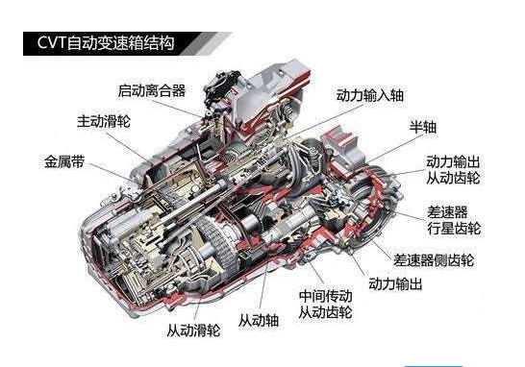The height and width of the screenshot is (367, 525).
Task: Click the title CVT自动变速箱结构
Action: coord(106,43)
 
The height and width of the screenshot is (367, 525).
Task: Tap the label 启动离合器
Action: coord(152,90)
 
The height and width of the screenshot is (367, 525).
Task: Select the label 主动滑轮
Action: coord(104,121)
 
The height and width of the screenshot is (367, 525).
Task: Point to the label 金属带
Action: coord(64,162)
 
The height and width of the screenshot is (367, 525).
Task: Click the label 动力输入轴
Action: coord(369,95)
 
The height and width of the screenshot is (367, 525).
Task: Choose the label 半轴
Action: coord(423,127)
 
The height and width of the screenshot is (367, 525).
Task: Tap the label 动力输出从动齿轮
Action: coord(453,170)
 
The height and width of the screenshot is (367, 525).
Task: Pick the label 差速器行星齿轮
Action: coord(454,221)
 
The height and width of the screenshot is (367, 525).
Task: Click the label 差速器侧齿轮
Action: coord(434,260)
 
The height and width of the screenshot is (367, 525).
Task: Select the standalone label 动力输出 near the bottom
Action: coord(395,284)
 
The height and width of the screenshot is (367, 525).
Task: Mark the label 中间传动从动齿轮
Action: coord(325,305)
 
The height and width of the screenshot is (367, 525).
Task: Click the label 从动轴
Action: coord(259,321)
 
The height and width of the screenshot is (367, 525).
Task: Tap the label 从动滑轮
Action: coord(193,330)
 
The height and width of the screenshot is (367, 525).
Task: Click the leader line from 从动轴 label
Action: coord(263,287)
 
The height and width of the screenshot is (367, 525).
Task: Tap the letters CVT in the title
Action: coord(51,43)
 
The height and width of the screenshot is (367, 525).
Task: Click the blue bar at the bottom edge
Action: coord(434,366)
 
